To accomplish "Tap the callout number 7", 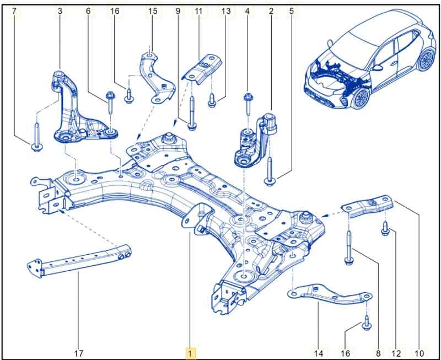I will click(14, 11).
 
